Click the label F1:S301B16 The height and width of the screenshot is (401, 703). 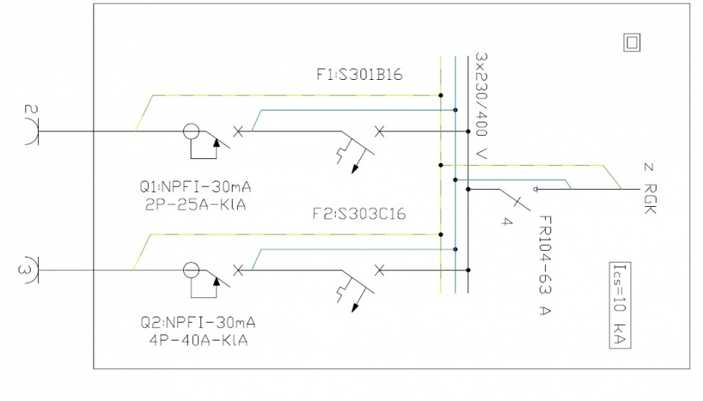[x=360, y=74]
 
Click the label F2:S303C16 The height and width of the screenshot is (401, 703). [x=359, y=214]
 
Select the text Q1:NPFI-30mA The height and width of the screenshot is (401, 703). [x=195, y=187]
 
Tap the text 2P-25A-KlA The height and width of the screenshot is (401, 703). [x=195, y=205]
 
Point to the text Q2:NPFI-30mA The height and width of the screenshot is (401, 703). [x=197, y=323]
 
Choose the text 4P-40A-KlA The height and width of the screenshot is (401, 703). [x=198, y=341]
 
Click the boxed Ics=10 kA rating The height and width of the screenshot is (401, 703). [x=620, y=305]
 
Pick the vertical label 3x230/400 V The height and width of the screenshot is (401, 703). [x=481, y=106]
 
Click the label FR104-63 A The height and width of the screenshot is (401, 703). [x=544, y=265]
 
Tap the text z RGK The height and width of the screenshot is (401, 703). [x=649, y=189]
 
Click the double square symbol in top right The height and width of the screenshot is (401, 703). [x=632, y=43]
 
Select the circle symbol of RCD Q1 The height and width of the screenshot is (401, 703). [x=191, y=131]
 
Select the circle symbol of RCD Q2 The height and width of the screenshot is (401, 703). [x=191, y=270]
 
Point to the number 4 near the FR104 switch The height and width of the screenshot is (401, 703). [x=506, y=221]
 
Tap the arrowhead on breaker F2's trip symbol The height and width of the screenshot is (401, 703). [x=355, y=308]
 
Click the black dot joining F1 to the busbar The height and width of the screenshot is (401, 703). [x=468, y=131]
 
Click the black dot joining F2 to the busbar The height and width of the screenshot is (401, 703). [x=468, y=270]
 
